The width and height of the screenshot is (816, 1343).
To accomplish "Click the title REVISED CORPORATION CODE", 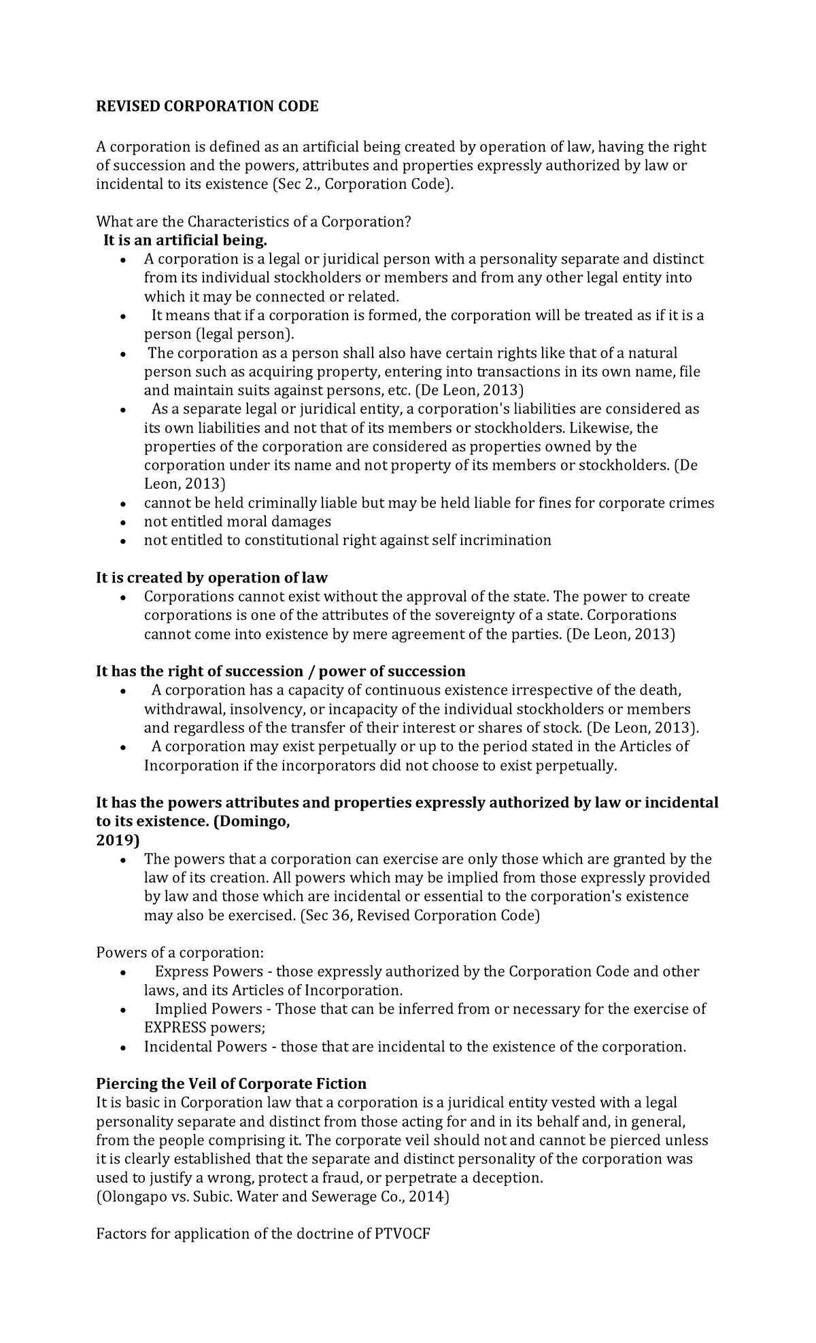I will click(x=207, y=107).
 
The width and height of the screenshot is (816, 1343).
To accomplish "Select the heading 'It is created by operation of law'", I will click(x=211, y=578).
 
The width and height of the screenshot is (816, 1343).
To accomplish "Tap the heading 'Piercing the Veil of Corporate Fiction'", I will click(x=231, y=1083).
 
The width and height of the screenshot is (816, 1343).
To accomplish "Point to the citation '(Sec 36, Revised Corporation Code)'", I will click(x=420, y=915).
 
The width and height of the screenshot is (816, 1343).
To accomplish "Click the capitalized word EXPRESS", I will click(x=175, y=1028).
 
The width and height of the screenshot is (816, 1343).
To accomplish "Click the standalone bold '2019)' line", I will click(x=118, y=840).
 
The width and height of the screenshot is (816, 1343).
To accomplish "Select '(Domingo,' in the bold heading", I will click(x=252, y=822).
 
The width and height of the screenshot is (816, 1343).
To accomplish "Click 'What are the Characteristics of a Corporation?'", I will click(x=254, y=222).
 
